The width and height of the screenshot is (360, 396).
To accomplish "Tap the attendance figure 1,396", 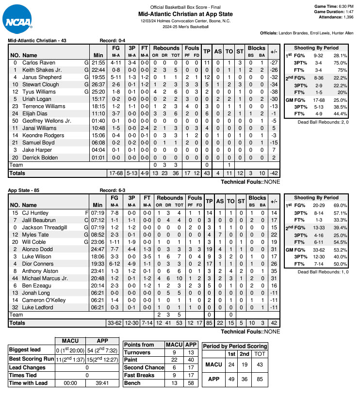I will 345,17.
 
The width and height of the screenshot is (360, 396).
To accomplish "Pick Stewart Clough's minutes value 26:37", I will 98,84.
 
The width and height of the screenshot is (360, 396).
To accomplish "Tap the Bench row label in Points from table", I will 133,383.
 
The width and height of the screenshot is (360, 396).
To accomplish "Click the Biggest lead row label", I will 25,349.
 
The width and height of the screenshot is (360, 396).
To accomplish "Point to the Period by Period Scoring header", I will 234,346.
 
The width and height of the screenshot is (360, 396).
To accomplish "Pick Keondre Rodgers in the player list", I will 43,135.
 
